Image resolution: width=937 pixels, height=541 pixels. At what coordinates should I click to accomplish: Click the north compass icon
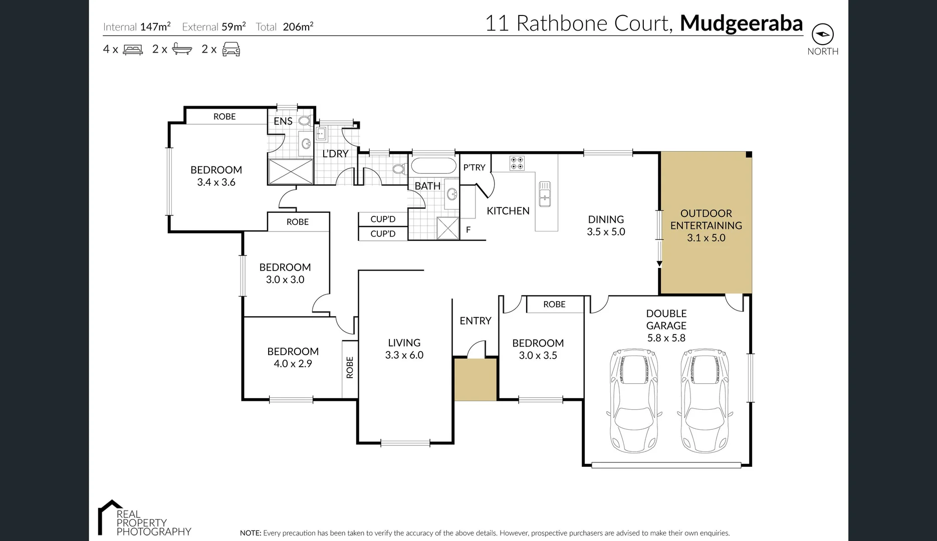823,34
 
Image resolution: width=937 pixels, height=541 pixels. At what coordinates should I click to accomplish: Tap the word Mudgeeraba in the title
741,24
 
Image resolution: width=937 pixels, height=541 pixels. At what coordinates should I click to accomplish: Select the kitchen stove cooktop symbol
517,163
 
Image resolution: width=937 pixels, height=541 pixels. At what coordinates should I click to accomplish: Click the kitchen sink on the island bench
545,194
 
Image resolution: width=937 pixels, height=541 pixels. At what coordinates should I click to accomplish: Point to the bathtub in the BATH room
433,166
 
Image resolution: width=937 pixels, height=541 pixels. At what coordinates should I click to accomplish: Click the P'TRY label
474,167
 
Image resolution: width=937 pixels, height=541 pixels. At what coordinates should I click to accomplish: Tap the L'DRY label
335,154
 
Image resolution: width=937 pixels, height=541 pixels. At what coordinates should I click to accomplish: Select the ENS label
283,121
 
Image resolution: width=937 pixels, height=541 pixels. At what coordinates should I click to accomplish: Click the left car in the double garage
633,401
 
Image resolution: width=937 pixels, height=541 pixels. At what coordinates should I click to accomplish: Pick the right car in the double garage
704,401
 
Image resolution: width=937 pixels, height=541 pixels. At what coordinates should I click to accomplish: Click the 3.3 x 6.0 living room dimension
404,355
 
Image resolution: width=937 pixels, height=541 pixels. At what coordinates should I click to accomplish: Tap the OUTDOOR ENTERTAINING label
706,219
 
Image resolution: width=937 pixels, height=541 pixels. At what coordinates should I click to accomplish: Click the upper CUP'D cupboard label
383,219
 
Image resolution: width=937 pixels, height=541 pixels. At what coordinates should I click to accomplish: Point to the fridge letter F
468,230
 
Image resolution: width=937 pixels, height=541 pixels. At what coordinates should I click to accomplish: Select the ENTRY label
475,321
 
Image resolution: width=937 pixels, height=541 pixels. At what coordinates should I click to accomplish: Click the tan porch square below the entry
475,379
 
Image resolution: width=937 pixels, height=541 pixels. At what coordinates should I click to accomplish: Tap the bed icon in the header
133,49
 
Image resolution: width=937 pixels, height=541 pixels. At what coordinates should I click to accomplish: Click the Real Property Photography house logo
108,516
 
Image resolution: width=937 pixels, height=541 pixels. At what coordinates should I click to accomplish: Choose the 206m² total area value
298,27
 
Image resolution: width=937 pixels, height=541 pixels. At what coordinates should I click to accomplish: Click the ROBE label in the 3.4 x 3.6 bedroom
224,117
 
